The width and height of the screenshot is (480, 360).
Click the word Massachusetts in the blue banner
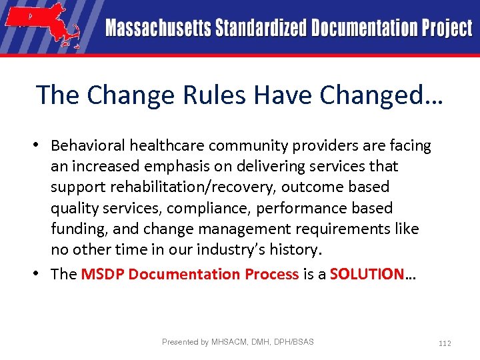157,28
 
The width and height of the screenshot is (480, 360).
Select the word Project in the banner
446,28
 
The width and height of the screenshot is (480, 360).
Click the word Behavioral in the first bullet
88,145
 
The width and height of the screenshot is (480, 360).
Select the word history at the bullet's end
294,249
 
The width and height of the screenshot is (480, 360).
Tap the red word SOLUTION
367,274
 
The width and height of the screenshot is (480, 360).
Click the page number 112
445,343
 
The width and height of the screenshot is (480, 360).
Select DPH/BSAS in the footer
293,342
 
